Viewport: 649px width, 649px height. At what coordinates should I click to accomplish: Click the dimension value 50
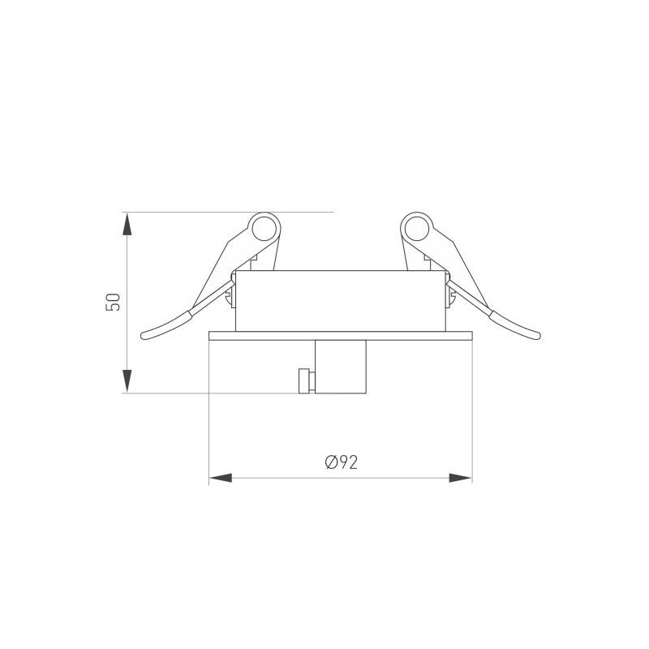pyautogui.click(x=113, y=302)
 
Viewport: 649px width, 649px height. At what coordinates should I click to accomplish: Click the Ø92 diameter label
pyautogui.click(x=341, y=462)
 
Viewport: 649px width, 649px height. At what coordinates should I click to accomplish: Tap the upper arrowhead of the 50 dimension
pyautogui.click(x=127, y=224)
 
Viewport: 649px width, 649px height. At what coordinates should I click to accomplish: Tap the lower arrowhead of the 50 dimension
pyautogui.click(x=127, y=380)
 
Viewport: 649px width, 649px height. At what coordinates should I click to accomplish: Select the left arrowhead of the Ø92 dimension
pyautogui.click(x=221, y=478)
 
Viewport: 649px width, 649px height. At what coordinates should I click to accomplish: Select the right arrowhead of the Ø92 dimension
pyautogui.click(x=460, y=478)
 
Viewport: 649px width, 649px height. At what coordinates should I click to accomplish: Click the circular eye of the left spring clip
pyautogui.click(x=264, y=229)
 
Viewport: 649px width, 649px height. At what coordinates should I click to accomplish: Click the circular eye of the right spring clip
pyautogui.click(x=417, y=229)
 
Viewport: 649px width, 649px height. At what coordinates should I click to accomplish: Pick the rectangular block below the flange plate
pyautogui.click(x=341, y=367)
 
